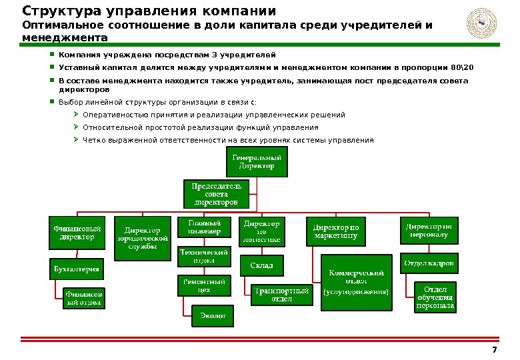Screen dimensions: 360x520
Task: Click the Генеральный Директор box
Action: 257,163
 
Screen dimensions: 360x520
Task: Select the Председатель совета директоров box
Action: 216,193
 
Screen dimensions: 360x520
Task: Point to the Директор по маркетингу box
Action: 335,231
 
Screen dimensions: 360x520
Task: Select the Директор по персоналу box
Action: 428,231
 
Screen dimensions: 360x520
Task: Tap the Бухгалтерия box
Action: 77,269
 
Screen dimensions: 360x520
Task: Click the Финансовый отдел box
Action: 83,297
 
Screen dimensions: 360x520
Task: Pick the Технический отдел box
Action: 204,257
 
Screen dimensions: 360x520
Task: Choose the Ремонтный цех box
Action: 204,285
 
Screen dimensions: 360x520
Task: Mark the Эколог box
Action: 213,315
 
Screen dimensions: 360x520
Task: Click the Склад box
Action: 261,265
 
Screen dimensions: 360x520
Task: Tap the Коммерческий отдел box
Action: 357,283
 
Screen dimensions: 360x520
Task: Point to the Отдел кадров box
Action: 429,263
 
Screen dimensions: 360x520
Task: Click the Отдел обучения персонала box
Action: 435,297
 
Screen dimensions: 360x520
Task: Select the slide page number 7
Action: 494,350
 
